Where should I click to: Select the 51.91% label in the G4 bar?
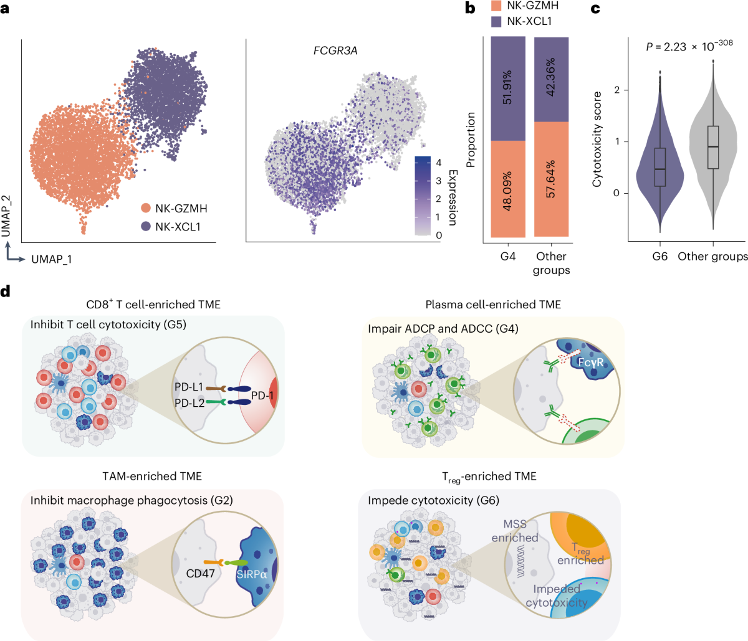(507, 89)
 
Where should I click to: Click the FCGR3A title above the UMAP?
(335, 50)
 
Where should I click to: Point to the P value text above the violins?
(689, 45)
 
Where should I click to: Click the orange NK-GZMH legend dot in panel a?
(146, 209)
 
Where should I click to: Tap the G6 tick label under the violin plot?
(660, 256)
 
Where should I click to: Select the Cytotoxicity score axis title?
(597, 140)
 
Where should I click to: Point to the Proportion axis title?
(471, 140)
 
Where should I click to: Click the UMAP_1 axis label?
(52, 259)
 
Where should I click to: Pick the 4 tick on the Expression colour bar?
(439, 163)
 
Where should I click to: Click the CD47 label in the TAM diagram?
(201, 572)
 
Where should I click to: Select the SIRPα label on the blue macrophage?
(252, 574)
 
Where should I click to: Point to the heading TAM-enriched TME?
(152, 476)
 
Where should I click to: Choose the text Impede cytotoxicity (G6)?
(433, 500)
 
